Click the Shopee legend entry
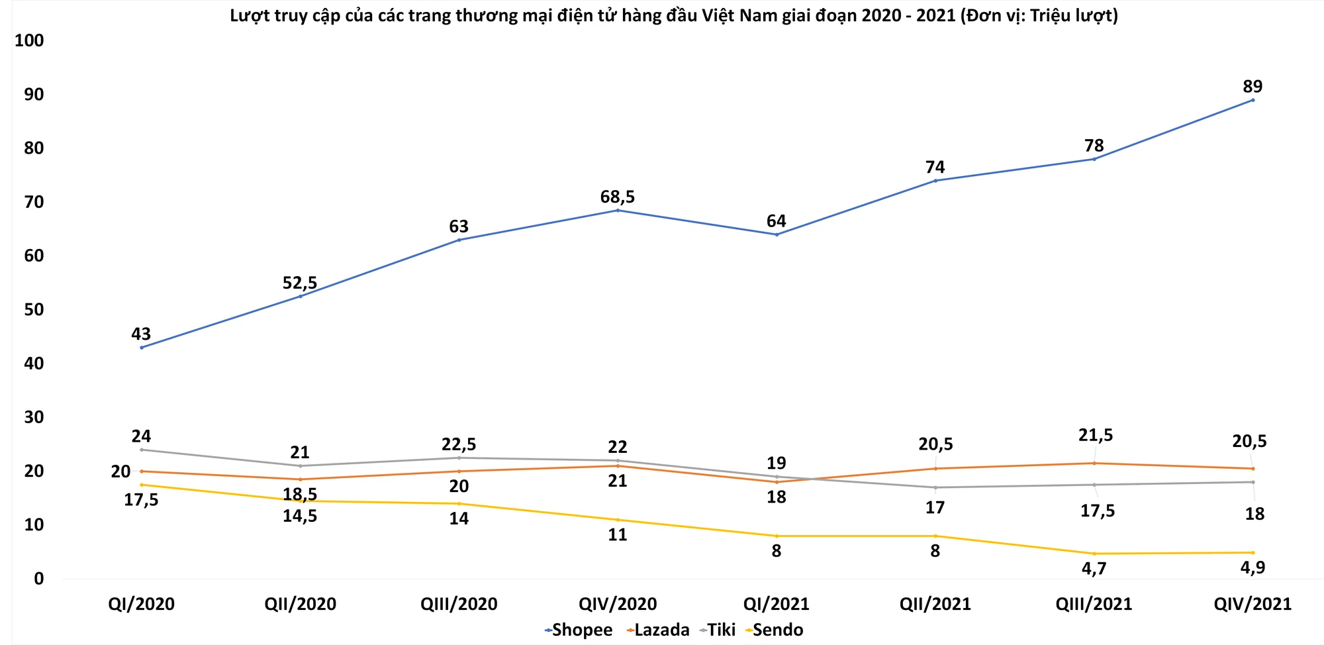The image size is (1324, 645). point(579,630)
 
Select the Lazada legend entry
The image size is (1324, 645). point(658,630)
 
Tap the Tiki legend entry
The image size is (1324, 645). point(718,630)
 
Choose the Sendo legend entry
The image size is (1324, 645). point(775,630)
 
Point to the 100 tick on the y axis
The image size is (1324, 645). point(29,40)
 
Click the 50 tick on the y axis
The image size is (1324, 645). point(34,309)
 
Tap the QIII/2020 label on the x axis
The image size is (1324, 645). point(459,604)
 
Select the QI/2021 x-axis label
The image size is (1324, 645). point(776,604)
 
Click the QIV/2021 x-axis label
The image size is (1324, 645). point(1253,604)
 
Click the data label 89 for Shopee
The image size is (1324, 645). point(1253,87)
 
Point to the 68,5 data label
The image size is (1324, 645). point(617,197)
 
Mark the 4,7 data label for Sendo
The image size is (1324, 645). point(1094,568)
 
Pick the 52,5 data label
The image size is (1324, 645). point(300,283)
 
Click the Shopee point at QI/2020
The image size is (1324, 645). point(142,347)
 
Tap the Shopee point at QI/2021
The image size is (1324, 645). point(777,234)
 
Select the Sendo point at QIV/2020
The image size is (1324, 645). point(618,520)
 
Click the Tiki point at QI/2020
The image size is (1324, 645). point(142,450)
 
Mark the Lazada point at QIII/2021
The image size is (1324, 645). point(1094,463)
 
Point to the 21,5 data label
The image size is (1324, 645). point(1096,435)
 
